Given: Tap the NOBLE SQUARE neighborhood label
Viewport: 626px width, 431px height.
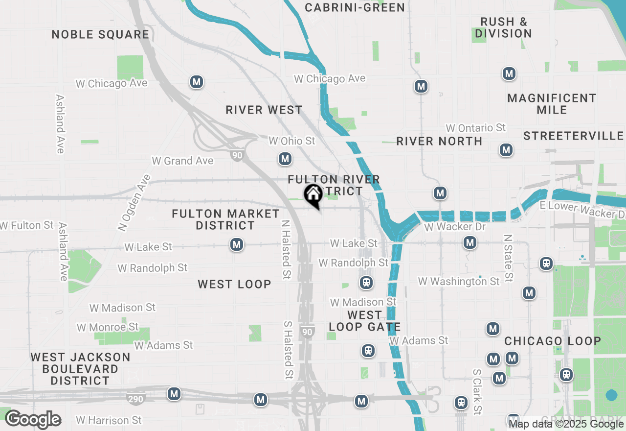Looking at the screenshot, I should tap(100, 34).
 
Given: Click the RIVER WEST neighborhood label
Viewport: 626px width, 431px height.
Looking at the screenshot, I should tap(264, 110).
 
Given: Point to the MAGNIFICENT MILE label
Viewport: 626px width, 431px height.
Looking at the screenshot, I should tap(552, 104).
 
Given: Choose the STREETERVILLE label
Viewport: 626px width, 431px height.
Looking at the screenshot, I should tap(573, 136).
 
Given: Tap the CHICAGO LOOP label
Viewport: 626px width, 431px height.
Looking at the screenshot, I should tap(553, 341).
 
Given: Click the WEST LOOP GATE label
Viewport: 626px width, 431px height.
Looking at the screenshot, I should tap(365, 321).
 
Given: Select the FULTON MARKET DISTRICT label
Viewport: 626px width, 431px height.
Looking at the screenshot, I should tap(225, 219).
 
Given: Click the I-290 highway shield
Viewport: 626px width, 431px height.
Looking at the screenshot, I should tap(135, 399).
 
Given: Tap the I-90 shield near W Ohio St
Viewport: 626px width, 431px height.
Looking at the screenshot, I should tap(237, 155).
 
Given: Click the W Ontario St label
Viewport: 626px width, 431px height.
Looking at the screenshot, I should tap(475, 128).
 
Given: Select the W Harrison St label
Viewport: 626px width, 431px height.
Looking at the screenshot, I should tap(109, 420).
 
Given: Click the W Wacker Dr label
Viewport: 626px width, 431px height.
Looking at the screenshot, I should tap(455, 227).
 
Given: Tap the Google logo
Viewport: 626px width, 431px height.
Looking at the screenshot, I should tap(33, 420).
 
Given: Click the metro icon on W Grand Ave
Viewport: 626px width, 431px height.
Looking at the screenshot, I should tap(285, 159).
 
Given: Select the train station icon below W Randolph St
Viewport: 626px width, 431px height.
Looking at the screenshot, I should tap(366, 283).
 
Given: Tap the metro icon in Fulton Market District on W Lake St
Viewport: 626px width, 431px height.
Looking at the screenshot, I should tap(237, 244).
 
